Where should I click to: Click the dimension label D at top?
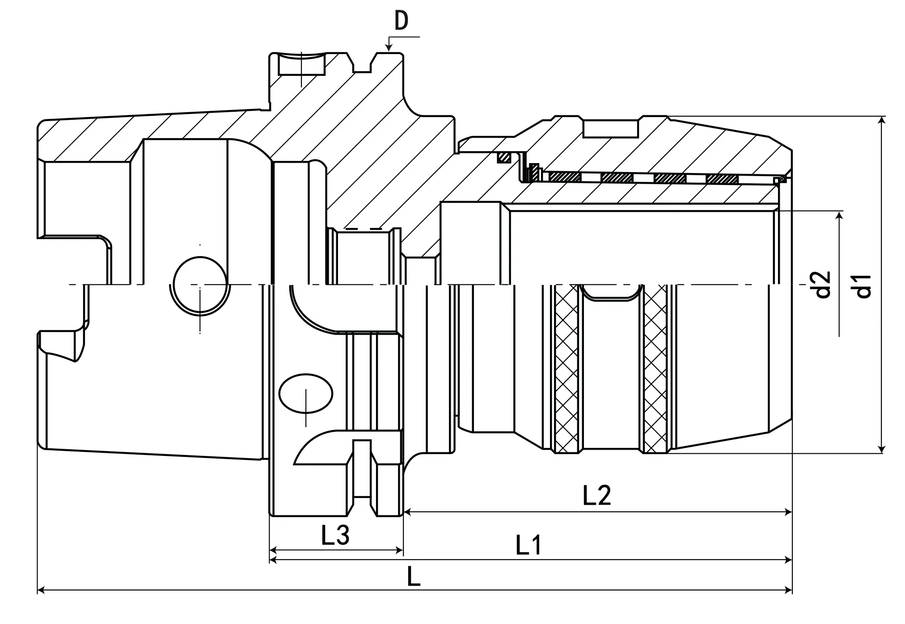402,21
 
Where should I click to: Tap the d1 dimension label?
863,286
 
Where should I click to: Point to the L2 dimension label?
597,495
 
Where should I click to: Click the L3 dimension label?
335,535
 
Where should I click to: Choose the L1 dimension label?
529,545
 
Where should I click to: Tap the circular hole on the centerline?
199,284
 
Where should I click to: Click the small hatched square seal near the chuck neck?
505,157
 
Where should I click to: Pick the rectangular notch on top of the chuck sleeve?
610,128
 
